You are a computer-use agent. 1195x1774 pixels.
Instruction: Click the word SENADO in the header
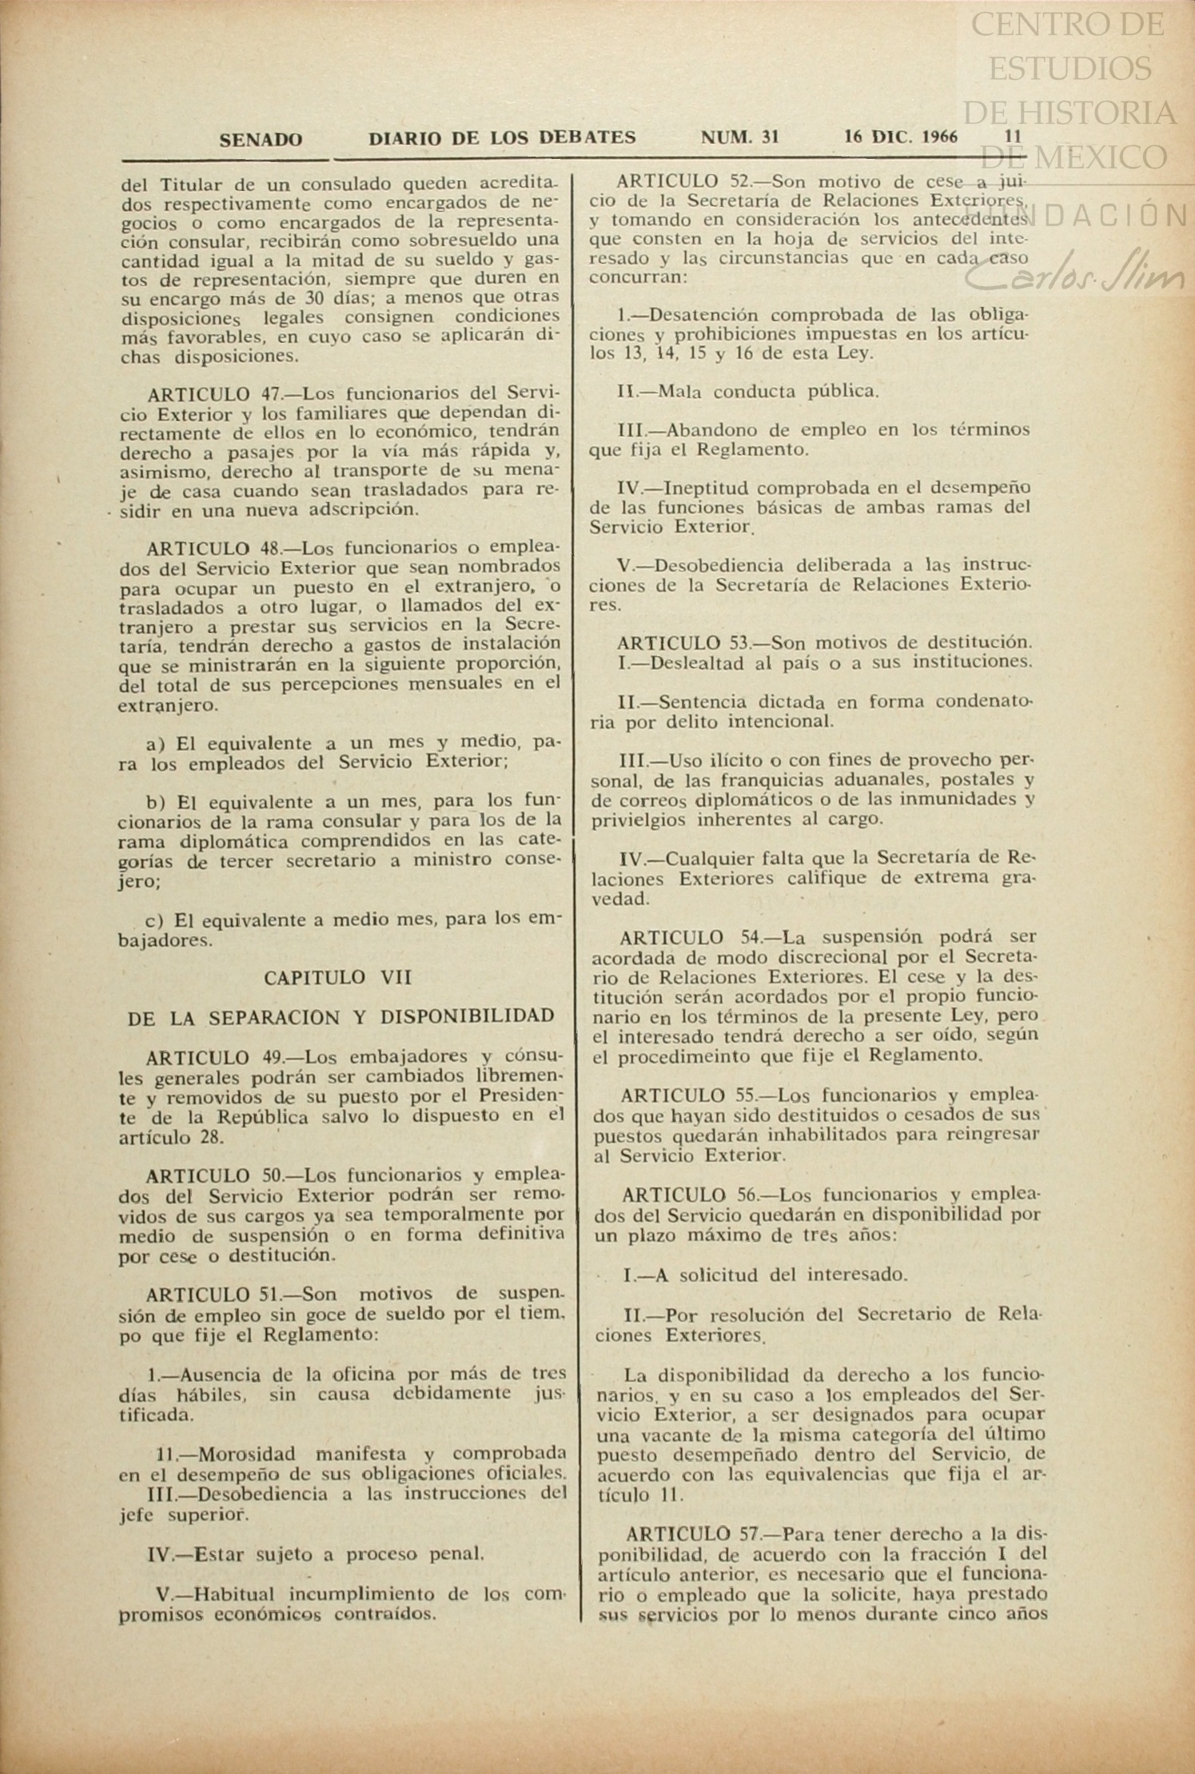pos(261,140)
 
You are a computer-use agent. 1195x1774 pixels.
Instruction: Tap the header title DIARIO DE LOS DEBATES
pos(502,138)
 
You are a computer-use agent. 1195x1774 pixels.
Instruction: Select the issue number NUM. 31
pos(739,137)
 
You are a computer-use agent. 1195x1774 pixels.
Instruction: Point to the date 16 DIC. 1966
pos(901,137)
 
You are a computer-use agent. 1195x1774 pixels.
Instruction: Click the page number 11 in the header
pos(1013,137)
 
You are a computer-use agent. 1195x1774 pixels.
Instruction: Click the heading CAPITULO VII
pos(338,977)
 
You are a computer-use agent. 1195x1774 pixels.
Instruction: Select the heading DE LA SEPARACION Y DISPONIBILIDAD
pos(341,1016)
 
